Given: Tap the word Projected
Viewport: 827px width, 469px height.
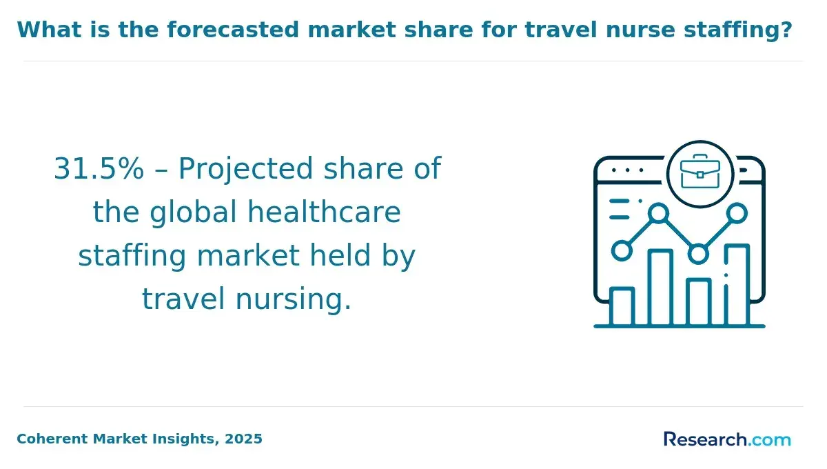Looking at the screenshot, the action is point(246,170).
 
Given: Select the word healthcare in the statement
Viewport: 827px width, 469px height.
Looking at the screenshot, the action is point(324,212).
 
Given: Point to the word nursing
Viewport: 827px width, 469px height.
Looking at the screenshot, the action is point(294,300).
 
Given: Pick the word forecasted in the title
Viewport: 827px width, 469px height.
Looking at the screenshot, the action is point(233,30).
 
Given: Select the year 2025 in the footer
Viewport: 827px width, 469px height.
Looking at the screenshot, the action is point(243,439).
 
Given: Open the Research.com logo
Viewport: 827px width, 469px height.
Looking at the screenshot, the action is point(727,439).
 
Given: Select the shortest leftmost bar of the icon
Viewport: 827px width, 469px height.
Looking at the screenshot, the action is point(622,307).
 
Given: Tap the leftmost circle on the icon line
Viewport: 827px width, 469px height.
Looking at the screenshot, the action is point(622,251).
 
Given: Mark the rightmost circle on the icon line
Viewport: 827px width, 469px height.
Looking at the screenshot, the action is point(737,213).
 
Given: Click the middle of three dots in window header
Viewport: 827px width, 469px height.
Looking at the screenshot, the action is point(627,170).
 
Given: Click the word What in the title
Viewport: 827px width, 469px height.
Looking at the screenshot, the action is point(49,30).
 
